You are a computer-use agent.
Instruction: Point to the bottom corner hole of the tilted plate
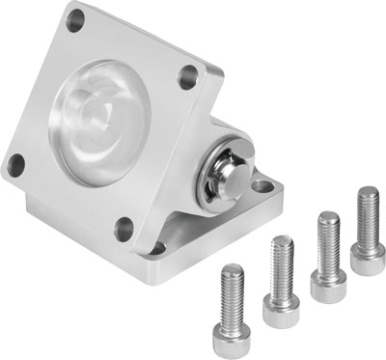tap(124, 228)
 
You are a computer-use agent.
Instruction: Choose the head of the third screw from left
tap(328, 273)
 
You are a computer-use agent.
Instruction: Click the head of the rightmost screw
tap(368, 252)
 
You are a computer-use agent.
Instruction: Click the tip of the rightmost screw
tap(366, 191)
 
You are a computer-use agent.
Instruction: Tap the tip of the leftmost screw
tap(232, 265)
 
